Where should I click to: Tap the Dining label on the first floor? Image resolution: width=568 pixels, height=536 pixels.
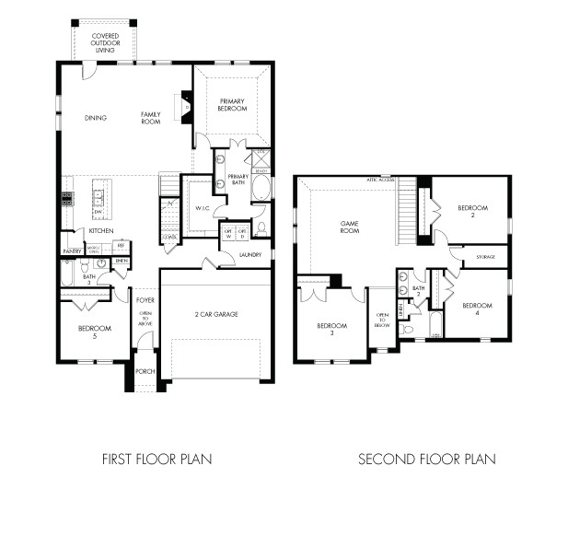click(x=95, y=118)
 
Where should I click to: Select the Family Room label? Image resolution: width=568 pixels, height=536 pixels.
click(x=151, y=118)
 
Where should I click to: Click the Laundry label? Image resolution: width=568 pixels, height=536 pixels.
click(x=249, y=254)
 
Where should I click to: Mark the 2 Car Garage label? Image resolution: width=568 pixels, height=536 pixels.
click(x=216, y=315)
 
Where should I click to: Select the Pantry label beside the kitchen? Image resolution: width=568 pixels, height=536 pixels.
click(x=72, y=251)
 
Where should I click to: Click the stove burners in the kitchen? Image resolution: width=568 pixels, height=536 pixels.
click(x=66, y=196)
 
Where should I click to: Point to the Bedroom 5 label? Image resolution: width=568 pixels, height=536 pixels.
click(x=95, y=332)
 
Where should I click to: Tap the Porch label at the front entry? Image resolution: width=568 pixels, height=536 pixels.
click(x=145, y=371)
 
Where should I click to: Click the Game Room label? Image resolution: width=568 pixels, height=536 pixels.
click(x=350, y=227)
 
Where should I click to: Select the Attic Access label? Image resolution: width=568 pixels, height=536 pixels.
click(x=380, y=179)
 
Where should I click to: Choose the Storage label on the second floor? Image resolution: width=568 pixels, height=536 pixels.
click(x=486, y=258)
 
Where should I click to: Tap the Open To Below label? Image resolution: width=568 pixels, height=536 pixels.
click(x=383, y=320)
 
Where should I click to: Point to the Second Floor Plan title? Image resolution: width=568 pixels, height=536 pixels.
click(x=426, y=458)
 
